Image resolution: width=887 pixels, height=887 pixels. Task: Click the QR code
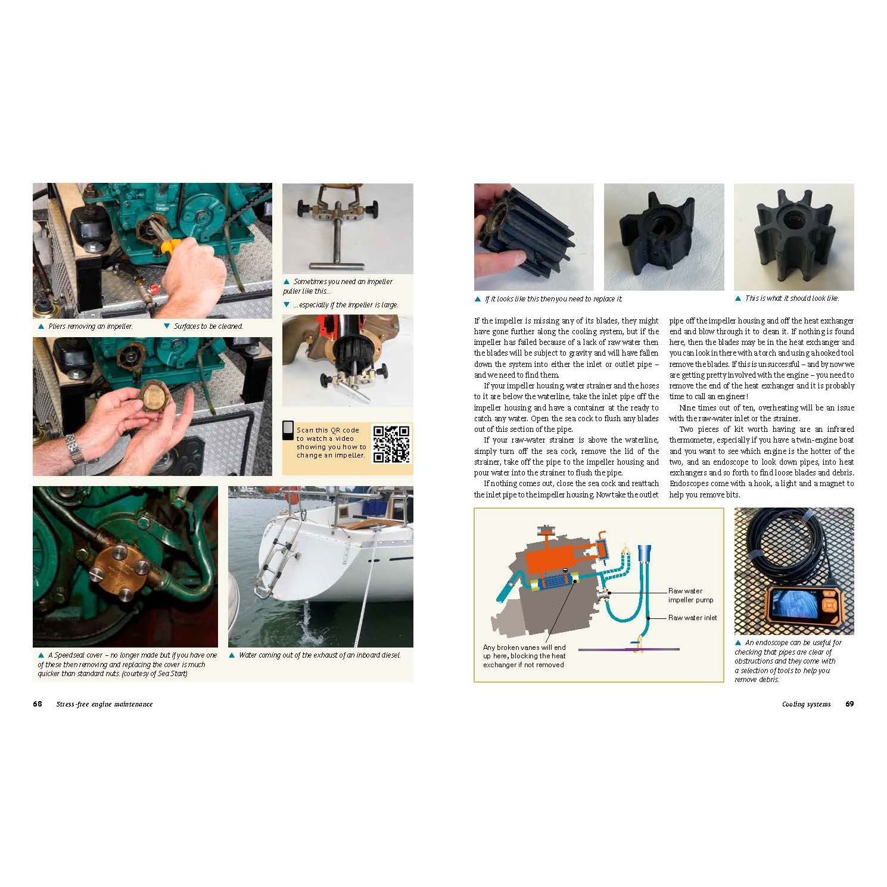[x=391, y=444]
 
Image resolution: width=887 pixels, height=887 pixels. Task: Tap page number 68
[x=38, y=704]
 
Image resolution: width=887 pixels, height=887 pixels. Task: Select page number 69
[x=849, y=704]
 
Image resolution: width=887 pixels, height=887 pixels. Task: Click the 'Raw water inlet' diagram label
[x=692, y=618]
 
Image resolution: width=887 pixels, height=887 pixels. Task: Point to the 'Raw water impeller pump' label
[x=690, y=595]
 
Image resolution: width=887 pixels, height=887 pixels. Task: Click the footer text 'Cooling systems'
[x=806, y=704]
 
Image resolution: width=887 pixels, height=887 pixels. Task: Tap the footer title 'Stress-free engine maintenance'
[x=104, y=704]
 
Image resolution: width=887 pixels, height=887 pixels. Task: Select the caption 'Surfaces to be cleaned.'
[x=208, y=326]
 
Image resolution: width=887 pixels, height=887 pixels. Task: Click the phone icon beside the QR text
[x=288, y=431]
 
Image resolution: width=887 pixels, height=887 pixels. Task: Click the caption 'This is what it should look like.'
[x=792, y=298]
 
